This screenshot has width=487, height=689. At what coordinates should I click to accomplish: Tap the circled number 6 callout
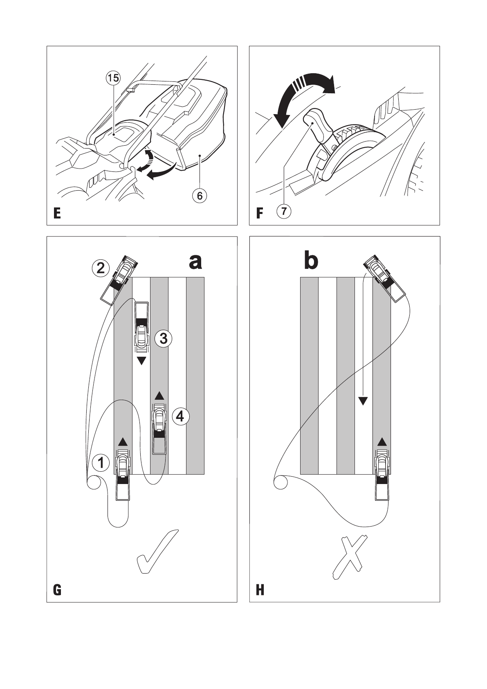tap(200, 196)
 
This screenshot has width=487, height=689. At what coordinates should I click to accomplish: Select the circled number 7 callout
tap(284, 212)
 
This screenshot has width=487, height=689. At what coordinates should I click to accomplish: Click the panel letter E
tap(57, 214)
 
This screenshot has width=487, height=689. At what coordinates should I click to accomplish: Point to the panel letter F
tap(259, 214)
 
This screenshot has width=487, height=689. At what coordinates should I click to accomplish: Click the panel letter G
tap(57, 590)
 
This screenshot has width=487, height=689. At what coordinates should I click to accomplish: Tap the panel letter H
tap(260, 590)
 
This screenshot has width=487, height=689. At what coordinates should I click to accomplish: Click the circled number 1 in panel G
tap(101, 463)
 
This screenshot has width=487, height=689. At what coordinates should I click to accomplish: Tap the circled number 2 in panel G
tap(100, 268)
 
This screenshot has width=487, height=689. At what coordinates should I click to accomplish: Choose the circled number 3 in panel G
tap(163, 338)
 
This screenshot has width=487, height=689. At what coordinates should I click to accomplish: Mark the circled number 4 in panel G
tap(180, 417)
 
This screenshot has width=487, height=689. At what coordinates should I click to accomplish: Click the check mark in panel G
tap(157, 552)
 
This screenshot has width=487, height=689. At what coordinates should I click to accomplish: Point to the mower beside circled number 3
tap(141, 327)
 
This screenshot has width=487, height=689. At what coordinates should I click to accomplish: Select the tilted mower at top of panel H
tap(384, 277)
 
